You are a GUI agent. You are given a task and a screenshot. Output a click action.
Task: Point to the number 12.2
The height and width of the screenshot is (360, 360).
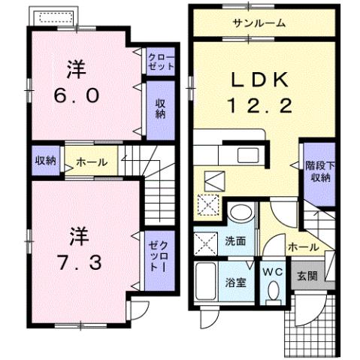point(260,107)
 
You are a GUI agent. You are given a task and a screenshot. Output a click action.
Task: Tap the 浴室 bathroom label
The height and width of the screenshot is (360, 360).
point(237,282)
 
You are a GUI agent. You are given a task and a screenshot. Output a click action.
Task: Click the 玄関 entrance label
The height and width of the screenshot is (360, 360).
point(307,276)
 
